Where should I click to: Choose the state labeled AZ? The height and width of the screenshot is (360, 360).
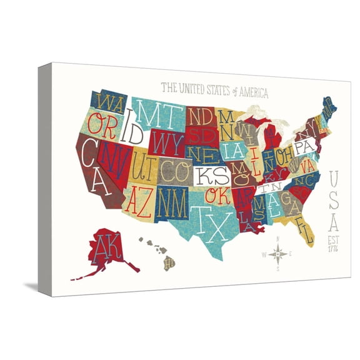pyautogui.click(x=139, y=198)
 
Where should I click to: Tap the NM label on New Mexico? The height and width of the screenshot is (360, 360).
pyautogui.click(x=172, y=199)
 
